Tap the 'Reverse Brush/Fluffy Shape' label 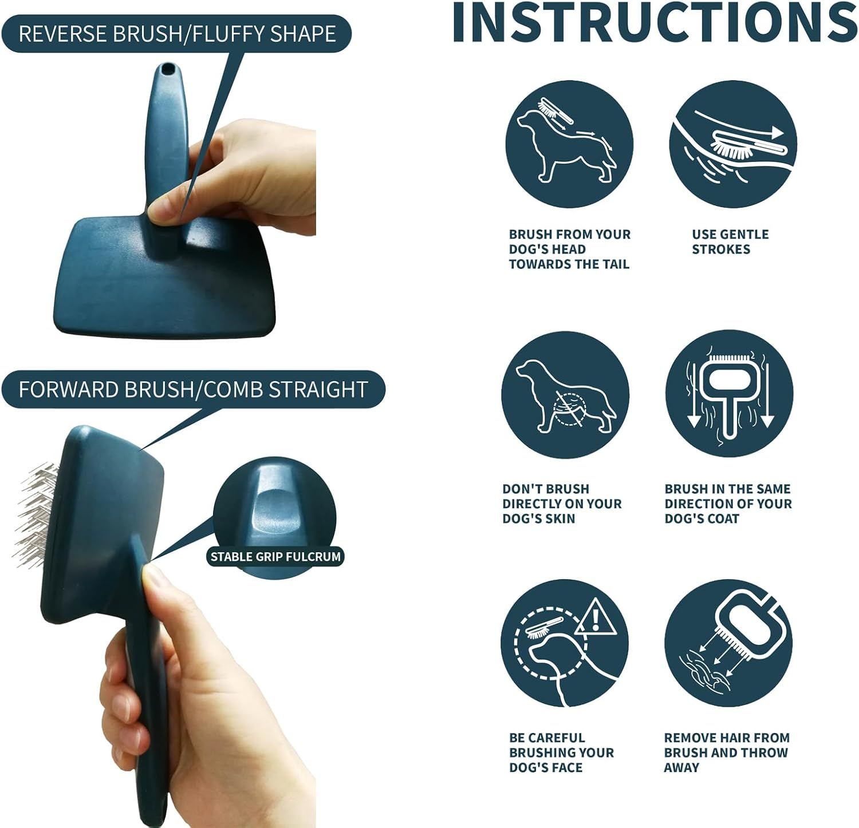(177, 34)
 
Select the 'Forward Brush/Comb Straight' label (193, 389)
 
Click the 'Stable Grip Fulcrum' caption (275, 556)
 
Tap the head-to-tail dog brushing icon (569, 144)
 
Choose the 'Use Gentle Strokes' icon (732, 144)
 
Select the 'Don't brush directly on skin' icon (565, 395)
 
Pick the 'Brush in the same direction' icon (729, 395)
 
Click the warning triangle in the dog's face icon (596, 618)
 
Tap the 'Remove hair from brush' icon (728, 643)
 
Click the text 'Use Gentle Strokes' (730, 241)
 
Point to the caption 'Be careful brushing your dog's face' (561, 752)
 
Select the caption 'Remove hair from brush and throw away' (727, 752)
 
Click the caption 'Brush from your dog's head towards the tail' (570, 249)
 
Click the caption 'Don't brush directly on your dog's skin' (562, 504)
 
